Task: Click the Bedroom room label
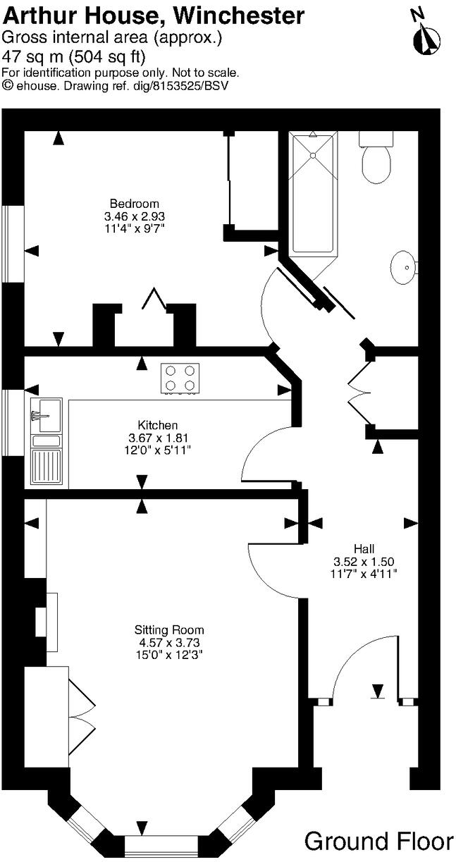point(135,203)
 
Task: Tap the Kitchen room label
point(158,425)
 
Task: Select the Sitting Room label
point(169,630)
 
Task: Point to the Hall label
point(364,548)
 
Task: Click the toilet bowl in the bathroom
point(377,166)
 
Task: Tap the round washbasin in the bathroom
point(403,266)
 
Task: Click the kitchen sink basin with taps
point(47,415)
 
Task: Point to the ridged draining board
point(47,466)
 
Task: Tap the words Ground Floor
point(379,842)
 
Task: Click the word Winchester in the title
point(239,16)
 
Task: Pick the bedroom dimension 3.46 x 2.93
point(135,216)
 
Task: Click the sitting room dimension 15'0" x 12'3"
point(169,654)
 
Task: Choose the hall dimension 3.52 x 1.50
point(364,562)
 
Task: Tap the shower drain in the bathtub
point(313,156)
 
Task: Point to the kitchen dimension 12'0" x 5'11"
point(158,450)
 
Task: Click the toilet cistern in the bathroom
point(376,139)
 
